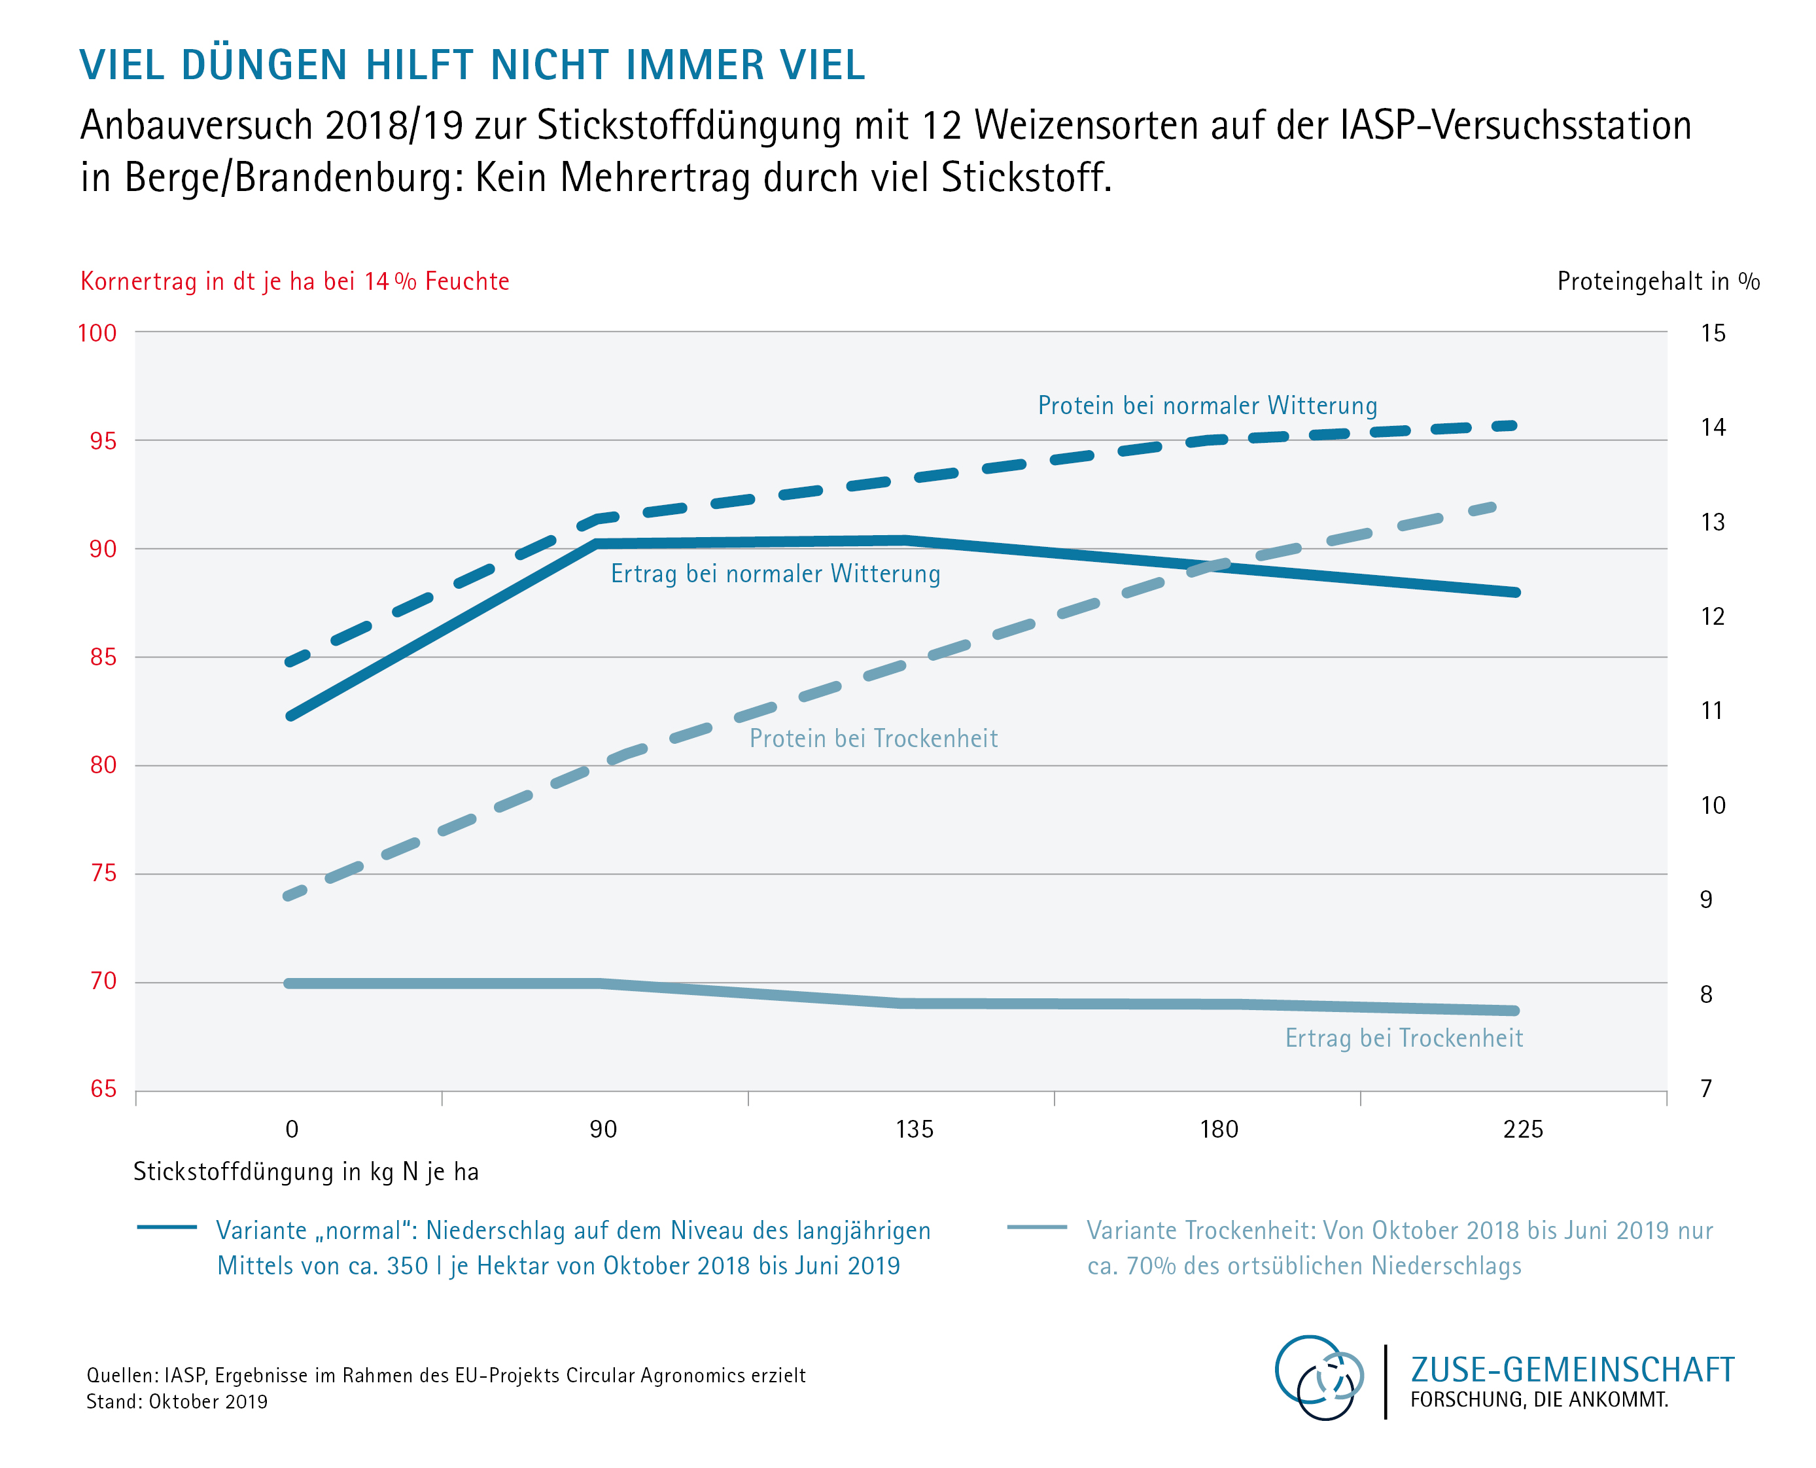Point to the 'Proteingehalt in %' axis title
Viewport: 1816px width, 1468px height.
pos(1657,281)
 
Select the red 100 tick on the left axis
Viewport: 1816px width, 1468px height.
pos(97,333)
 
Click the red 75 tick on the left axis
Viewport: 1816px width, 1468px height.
pos(103,873)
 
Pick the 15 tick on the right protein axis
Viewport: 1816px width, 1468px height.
pos(1712,333)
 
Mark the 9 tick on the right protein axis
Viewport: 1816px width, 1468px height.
pos(1705,900)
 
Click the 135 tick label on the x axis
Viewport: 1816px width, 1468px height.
pos(914,1129)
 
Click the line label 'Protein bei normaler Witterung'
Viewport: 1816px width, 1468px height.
pos(1206,406)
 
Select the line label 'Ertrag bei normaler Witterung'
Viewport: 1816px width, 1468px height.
pos(775,574)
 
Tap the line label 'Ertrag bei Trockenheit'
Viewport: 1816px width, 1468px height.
pos(1403,1038)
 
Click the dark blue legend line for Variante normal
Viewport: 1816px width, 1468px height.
pos(167,1227)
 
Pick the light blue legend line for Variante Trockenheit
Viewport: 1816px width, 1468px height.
pos(1036,1227)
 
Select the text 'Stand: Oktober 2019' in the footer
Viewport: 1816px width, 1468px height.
pos(177,1401)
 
